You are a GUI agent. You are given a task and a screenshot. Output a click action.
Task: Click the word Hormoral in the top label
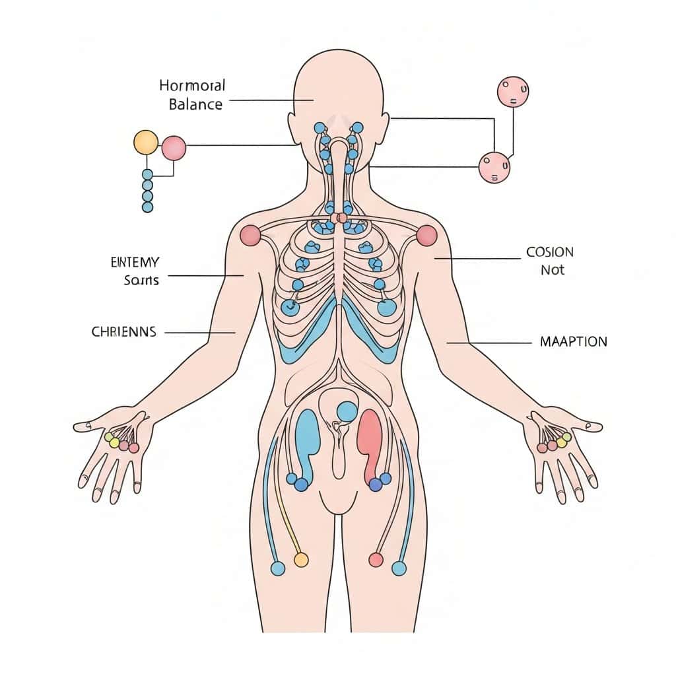(x=192, y=86)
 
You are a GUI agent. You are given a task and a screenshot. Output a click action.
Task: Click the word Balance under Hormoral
(x=195, y=104)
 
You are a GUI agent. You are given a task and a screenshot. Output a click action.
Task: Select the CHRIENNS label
(x=123, y=332)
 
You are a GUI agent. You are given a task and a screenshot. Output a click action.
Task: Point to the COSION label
(x=550, y=252)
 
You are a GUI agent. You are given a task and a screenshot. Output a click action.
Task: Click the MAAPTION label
(x=573, y=342)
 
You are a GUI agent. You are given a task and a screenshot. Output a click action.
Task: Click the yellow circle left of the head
(x=146, y=142)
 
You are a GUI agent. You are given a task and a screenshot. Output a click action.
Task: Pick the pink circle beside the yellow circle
(x=174, y=148)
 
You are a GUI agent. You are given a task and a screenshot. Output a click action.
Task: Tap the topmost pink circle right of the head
(x=512, y=92)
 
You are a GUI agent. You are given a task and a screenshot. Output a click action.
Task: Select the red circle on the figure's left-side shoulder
(x=250, y=235)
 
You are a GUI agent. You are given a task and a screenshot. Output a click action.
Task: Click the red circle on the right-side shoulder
(x=427, y=235)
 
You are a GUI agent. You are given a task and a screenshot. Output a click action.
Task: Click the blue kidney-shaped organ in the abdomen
(x=307, y=439)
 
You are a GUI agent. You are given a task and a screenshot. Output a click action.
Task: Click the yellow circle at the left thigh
(x=300, y=560)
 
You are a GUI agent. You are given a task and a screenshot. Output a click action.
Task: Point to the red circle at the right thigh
(x=376, y=560)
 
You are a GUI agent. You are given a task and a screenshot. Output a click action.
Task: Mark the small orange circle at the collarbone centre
(x=342, y=218)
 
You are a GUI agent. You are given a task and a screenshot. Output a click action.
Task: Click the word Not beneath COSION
(x=553, y=270)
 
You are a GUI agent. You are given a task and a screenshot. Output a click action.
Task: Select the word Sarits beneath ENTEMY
(x=141, y=280)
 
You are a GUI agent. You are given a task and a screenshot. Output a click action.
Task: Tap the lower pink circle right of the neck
(x=494, y=167)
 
